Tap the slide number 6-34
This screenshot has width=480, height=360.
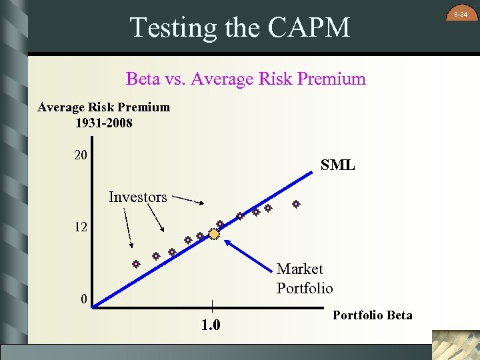(461, 13)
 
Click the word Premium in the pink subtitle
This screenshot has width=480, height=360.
(331, 79)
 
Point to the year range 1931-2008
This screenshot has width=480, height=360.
(103, 123)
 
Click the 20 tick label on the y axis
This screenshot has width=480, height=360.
(81, 155)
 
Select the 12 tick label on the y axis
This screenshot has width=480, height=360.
(81, 227)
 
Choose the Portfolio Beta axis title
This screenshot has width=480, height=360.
(372, 315)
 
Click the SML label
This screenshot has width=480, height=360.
(337, 165)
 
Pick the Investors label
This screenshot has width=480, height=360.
(137, 197)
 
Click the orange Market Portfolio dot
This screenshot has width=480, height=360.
(214, 234)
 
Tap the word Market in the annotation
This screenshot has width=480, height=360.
(299, 269)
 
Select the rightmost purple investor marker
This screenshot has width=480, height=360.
(295, 205)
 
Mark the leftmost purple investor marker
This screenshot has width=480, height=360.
(135, 265)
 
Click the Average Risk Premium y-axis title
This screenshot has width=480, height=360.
(103, 107)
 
